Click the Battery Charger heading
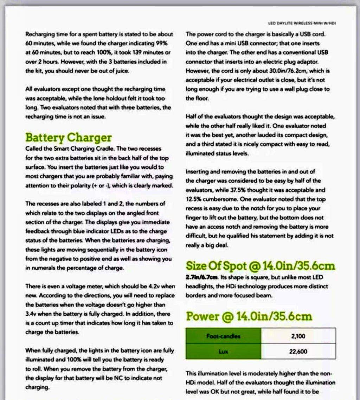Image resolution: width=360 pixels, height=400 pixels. coord(69,137)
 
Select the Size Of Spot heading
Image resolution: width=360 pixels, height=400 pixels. coord(261,266)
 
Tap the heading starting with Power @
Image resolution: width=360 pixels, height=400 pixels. coord(249,316)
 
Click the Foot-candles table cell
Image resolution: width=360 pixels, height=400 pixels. coord(223,336)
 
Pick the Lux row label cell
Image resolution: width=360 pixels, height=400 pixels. coord(223,351)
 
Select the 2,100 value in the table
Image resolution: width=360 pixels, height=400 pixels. coord(298,336)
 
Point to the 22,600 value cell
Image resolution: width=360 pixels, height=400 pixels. coord(298,351)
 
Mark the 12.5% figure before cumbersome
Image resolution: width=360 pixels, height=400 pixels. coord(193,199)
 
